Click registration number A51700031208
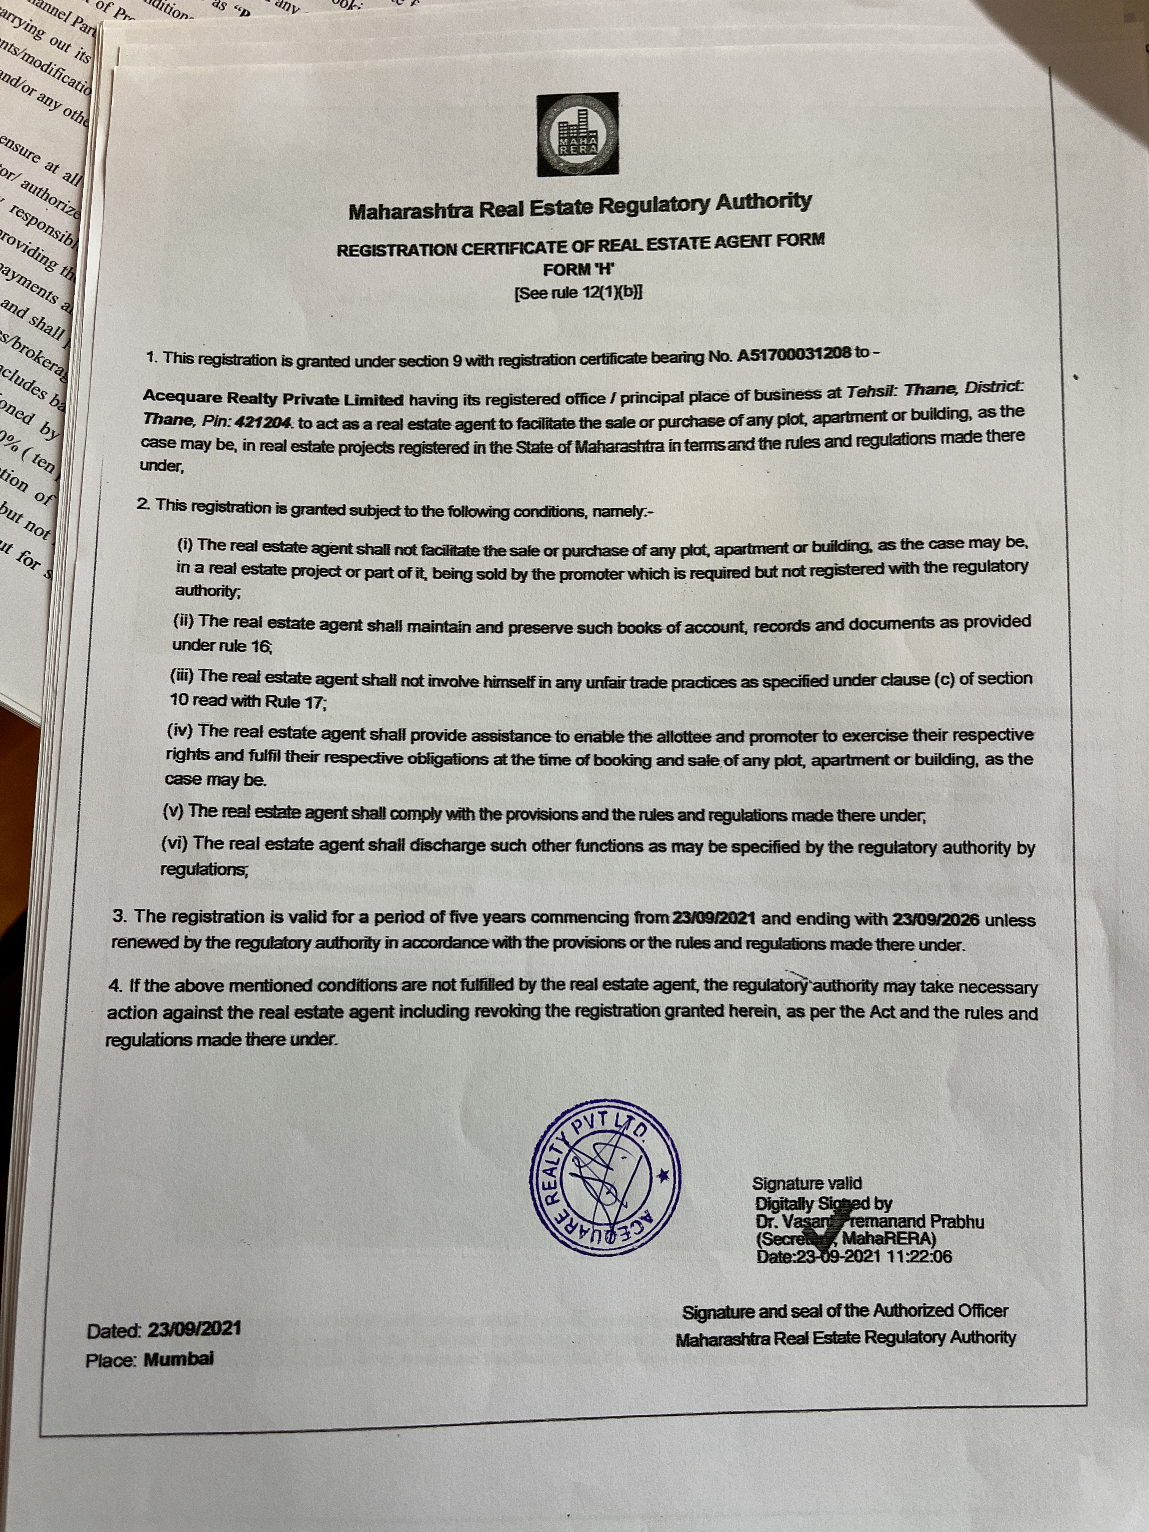tap(794, 354)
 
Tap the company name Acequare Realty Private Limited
tap(273, 398)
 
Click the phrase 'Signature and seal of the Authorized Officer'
tap(845, 1311)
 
